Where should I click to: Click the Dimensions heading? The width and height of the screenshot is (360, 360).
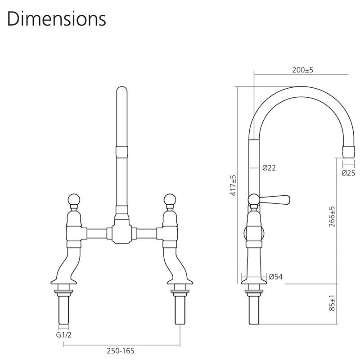click(57, 19)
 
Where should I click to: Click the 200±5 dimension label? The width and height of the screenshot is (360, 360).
click(302, 71)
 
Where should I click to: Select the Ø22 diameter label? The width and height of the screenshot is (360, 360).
click(269, 168)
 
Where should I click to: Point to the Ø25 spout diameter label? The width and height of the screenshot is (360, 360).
click(348, 173)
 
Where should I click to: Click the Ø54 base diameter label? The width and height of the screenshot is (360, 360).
click(275, 276)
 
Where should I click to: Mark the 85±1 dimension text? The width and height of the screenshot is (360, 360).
click(332, 303)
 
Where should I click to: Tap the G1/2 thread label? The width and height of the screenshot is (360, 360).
click(63, 335)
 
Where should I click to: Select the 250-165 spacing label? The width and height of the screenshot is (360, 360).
click(121, 351)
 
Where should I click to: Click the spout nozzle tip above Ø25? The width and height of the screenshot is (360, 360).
click(348, 152)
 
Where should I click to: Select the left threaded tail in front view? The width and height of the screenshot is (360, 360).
click(63, 310)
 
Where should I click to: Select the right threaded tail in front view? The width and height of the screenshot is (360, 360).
click(180, 310)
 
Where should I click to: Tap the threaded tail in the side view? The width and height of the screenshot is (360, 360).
click(254, 310)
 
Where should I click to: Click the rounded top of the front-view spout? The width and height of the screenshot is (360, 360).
click(121, 91)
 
